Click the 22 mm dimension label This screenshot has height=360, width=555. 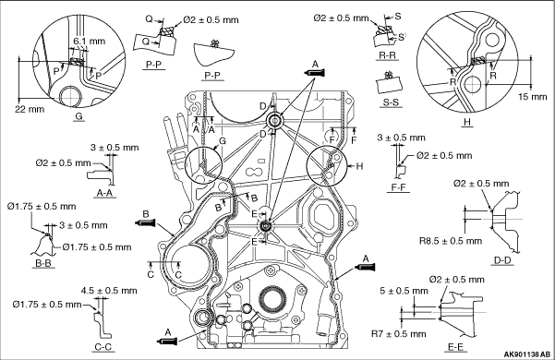30,109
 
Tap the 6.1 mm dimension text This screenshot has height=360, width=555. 90,41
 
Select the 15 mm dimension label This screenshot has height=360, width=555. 533,96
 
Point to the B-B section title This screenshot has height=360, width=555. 43,263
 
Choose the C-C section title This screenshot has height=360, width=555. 103,347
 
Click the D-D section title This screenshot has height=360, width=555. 502,260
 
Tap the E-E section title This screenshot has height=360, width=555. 455,347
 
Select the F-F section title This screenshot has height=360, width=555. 398,187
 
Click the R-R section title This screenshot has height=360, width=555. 387,55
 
